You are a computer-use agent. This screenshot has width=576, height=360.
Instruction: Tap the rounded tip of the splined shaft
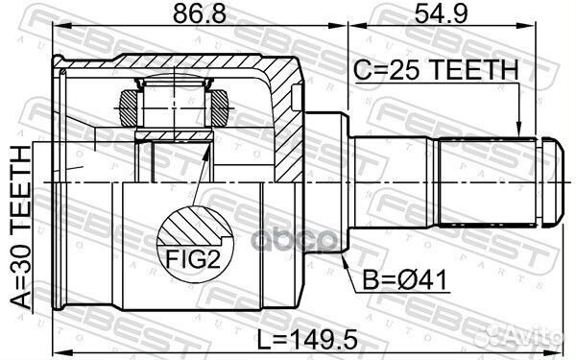(x=555, y=180)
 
